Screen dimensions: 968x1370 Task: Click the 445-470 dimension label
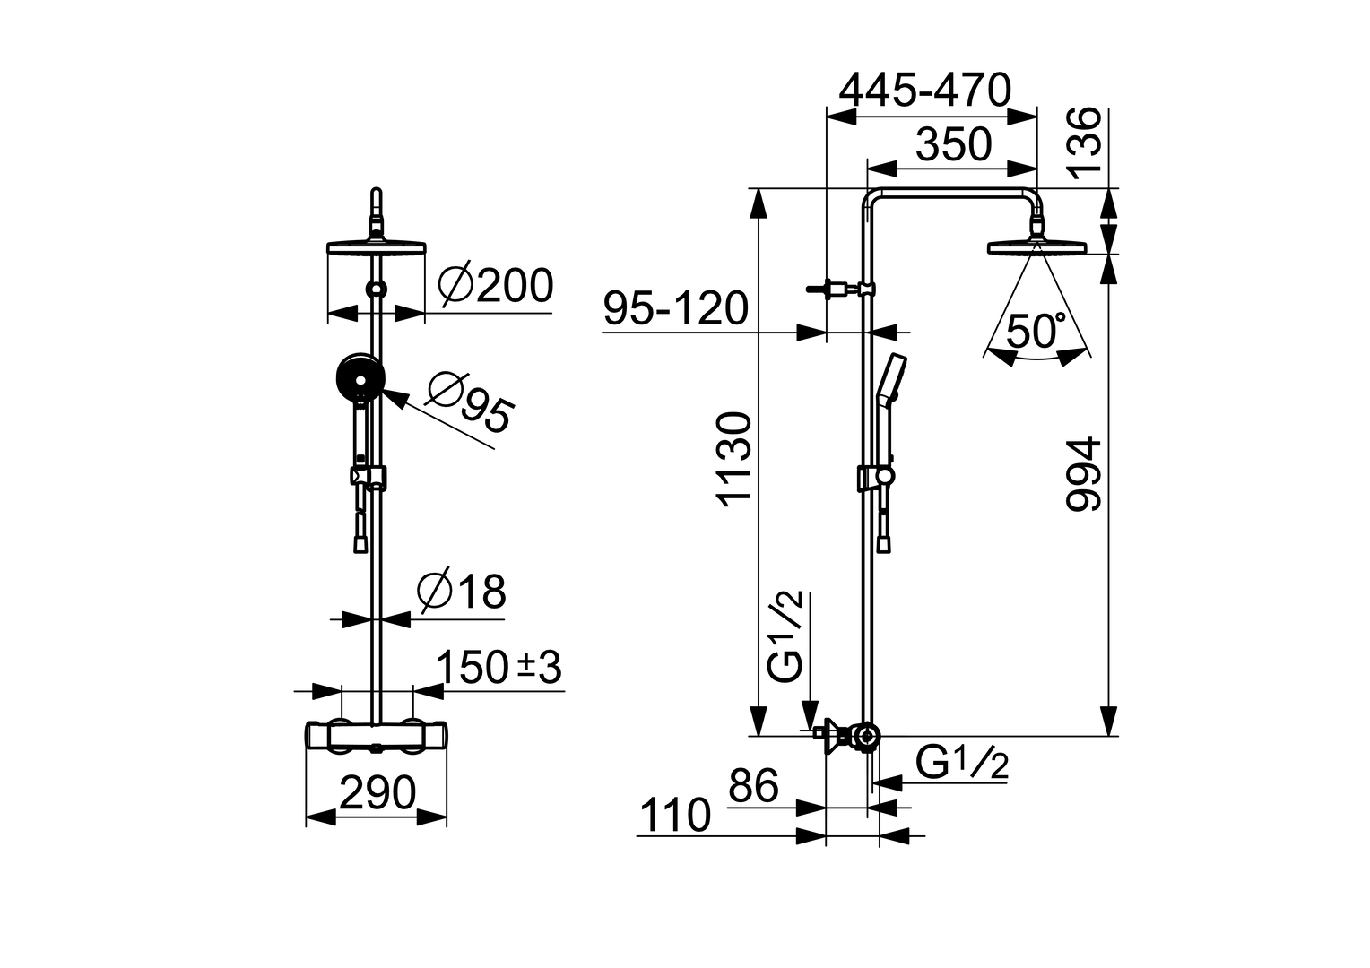point(924,91)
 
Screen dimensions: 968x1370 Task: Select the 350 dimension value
point(954,144)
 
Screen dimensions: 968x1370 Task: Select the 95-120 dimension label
point(675,309)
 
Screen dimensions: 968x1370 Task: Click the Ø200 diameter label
point(496,287)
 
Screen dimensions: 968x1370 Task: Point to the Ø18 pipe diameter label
point(462,592)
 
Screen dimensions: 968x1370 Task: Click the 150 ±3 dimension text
point(499,668)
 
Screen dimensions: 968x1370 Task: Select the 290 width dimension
point(377,793)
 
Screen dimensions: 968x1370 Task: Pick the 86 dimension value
point(753,787)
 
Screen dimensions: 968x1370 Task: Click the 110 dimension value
point(674,817)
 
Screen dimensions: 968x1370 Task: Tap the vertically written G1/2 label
point(787,637)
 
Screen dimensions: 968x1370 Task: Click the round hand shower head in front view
point(360,377)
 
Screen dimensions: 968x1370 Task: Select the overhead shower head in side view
point(1036,246)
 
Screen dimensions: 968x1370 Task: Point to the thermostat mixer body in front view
point(377,737)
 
